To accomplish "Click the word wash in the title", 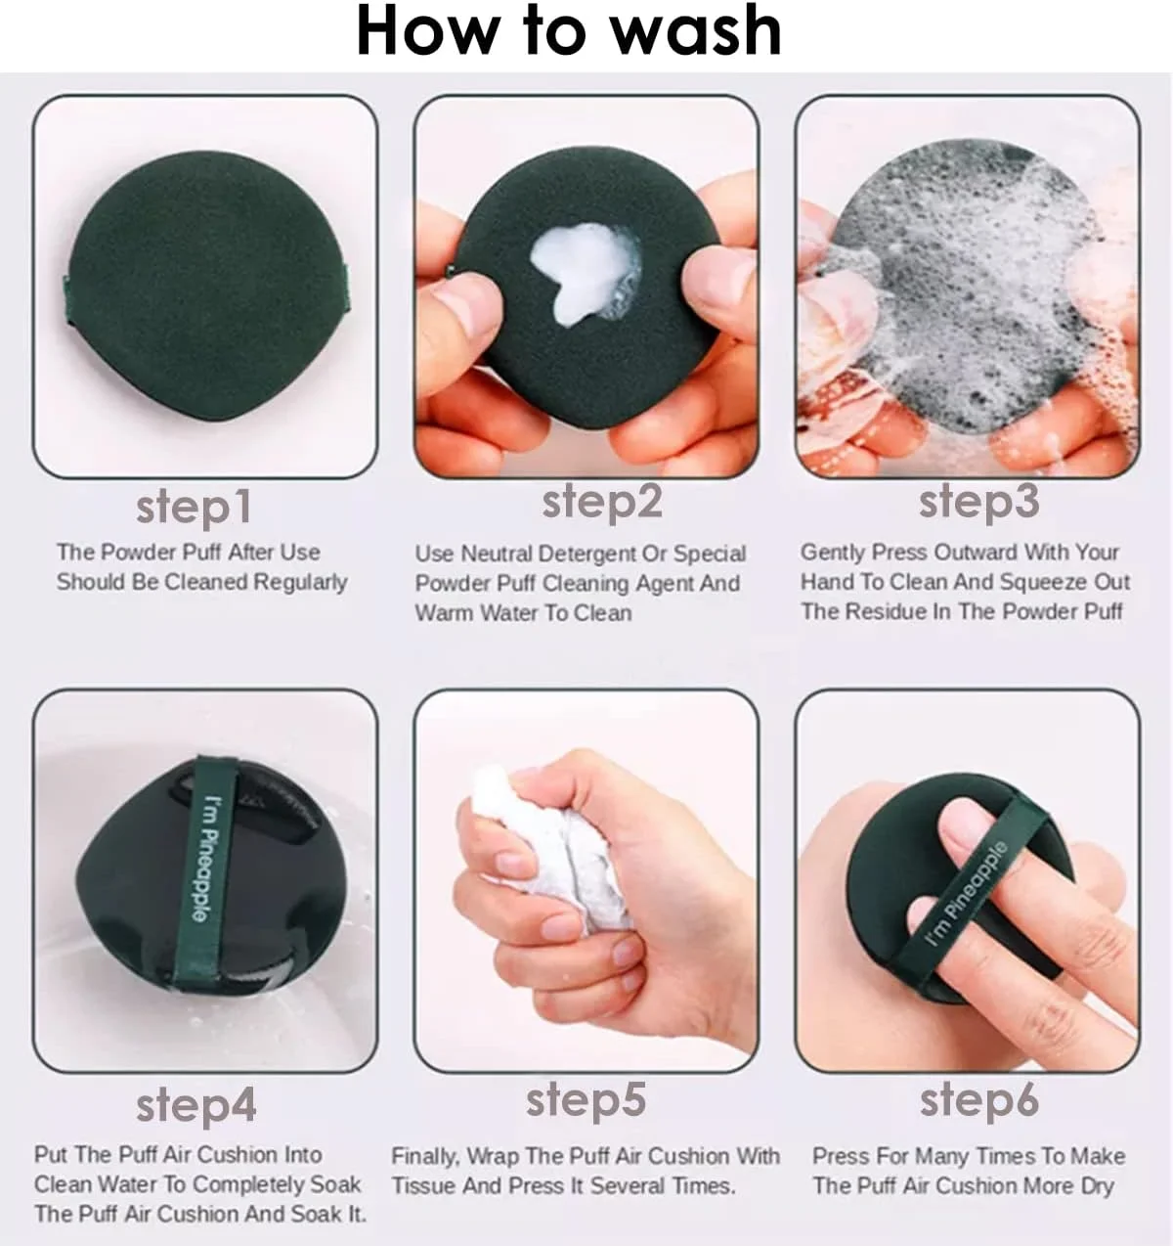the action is tap(696, 29).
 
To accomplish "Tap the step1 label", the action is tap(194, 508).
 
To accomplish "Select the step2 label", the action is tap(601, 503).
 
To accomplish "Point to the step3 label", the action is tap(978, 503).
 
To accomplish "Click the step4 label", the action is tap(195, 1105).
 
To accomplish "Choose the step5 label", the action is tap(586, 1100).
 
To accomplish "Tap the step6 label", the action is tap(979, 1100).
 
